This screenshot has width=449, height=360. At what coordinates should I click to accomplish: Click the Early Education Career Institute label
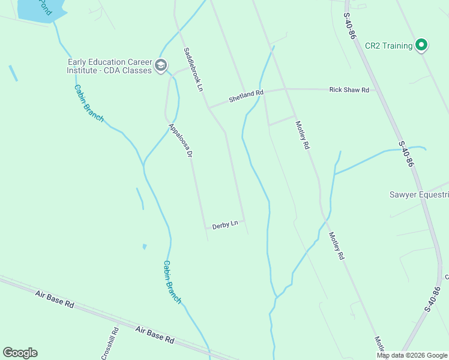pos(109,66)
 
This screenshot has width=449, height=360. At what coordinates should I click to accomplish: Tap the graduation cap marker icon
pos(160,65)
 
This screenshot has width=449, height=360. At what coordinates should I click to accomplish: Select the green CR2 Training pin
pos(421,44)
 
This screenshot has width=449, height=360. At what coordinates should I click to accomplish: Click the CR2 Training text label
pos(388,46)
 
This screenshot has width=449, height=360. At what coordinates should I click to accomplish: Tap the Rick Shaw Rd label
pos(349,89)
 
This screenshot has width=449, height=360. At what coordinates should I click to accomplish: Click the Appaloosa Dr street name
pos(180,140)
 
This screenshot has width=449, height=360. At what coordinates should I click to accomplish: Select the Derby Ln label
pos(225,224)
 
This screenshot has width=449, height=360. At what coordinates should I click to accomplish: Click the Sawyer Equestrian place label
pos(418,194)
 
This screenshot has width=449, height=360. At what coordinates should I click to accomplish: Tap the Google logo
pos(20,353)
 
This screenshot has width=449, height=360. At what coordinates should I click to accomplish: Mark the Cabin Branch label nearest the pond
pos(88,103)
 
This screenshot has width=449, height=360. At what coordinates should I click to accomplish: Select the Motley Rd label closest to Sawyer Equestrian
pos(336,246)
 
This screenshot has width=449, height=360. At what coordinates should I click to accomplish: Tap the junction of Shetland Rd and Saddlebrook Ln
pos(209,107)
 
